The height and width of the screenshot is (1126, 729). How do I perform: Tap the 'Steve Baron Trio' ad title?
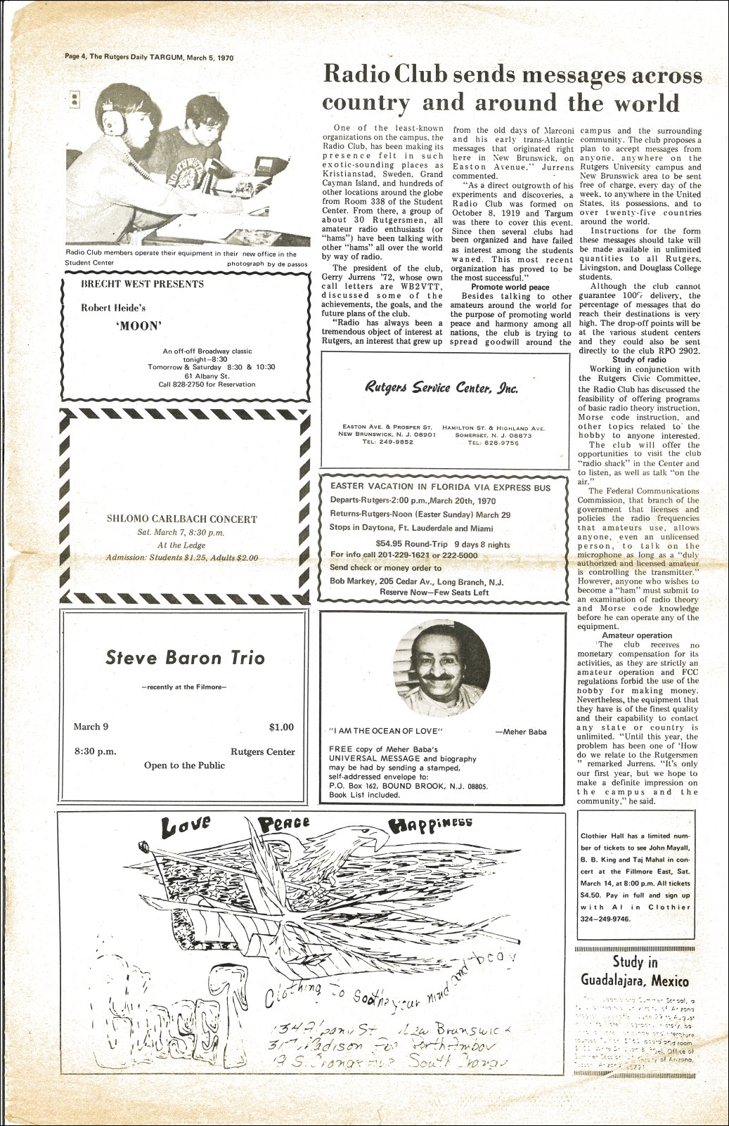pyautogui.click(x=185, y=658)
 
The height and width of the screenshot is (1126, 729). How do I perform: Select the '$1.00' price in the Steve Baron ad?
pyautogui.click(x=281, y=727)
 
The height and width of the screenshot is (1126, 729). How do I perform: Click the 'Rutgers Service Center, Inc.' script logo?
pyautogui.click(x=441, y=387)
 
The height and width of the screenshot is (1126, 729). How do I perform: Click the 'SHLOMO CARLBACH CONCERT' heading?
pyautogui.click(x=181, y=519)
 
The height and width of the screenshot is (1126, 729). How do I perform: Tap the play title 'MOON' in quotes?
pyautogui.click(x=138, y=325)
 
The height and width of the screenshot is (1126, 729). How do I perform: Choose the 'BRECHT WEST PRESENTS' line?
pyautogui.click(x=142, y=284)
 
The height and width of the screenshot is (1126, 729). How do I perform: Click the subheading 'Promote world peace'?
pyautogui.click(x=510, y=287)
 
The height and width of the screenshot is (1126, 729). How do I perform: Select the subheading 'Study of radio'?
pyautogui.click(x=639, y=360)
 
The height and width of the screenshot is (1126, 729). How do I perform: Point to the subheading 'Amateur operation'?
pyautogui.click(x=637, y=635)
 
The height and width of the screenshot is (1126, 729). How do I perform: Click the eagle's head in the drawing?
pyautogui.click(x=366, y=836)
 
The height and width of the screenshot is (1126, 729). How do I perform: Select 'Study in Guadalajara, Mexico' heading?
pyautogui.click(x=635, y=971)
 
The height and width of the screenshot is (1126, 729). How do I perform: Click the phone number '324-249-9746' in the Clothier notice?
pyautogui.click(x=605, y=919)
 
